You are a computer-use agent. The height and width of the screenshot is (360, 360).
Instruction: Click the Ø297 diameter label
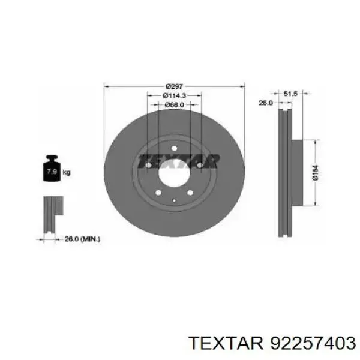click(x=174, y=86)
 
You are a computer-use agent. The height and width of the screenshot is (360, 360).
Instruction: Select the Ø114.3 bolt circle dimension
click(x=174, y=95)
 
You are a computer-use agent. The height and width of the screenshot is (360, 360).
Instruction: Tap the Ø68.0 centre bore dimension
click(x=174, y=104)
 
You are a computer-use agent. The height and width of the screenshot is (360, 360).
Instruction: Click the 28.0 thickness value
click(x=265, y=103)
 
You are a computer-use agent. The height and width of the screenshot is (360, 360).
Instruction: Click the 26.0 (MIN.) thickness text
click(x=83, y=239)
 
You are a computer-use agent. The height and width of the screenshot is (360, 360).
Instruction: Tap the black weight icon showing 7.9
click(x=52, y=170)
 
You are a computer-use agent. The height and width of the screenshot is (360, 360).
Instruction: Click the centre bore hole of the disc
click(x=174, y=171)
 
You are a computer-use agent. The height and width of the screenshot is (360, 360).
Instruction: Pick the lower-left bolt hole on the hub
click(x=158, y=193)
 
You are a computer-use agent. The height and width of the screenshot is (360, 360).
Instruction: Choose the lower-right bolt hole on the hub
click(x=190, y=193)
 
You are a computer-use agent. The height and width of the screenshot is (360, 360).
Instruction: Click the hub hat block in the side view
click(x=299, y=172)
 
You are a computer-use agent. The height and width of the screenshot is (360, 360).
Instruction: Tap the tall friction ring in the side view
click(x=284, y=172)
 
